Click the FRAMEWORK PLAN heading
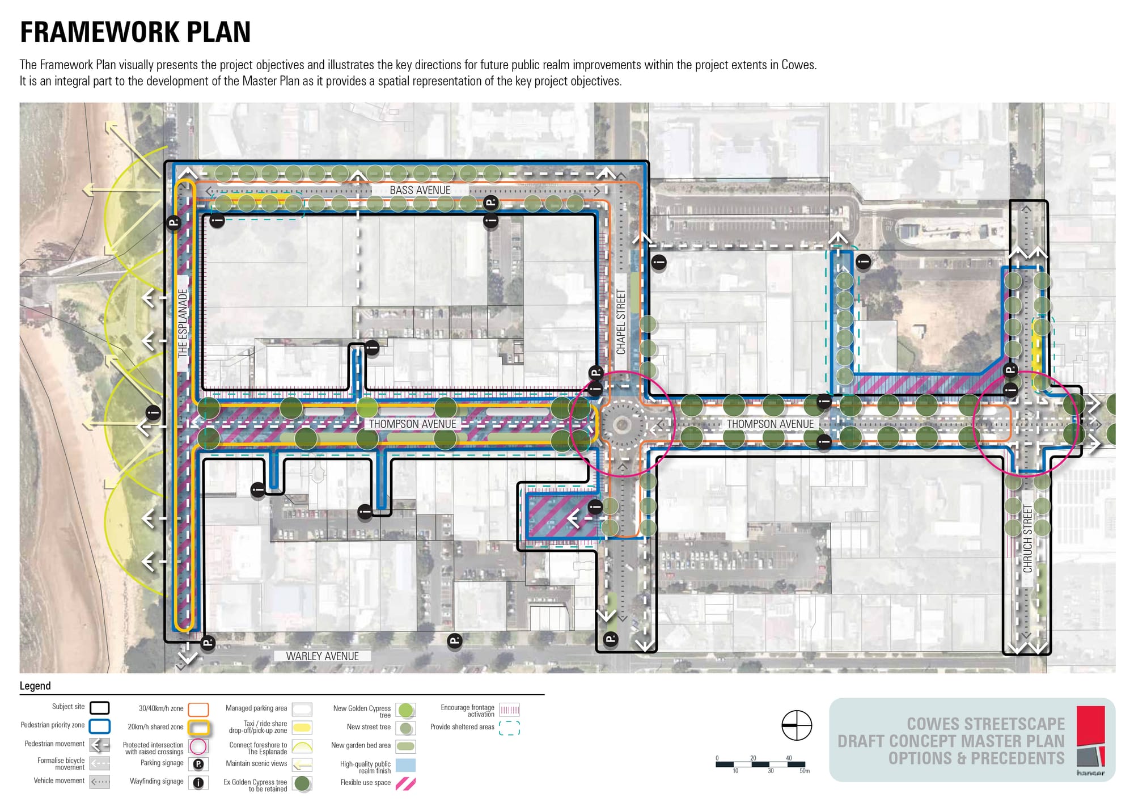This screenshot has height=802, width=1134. click(135, 32)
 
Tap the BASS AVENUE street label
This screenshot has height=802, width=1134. click(420, 191)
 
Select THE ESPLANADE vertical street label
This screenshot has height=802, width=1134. click(183, 323)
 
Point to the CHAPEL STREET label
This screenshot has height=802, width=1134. click(621, 322)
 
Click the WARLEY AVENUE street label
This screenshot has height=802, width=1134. click(322, 656)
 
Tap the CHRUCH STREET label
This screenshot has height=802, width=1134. click(1027, 539)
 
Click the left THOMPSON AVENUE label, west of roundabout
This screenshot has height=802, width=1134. click(412, 424)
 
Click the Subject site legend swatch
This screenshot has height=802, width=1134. click(100, 708)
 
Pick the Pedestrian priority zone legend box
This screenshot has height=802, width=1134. click(100, 726)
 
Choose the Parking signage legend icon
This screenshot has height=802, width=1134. click(198, 764)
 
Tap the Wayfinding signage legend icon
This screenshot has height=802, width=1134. click(198, 783)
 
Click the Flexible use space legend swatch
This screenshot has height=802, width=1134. click(405, 784)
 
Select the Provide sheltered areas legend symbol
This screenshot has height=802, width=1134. click(509, 728)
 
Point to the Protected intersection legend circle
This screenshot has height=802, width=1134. click(198, 746)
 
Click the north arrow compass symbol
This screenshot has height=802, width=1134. click(797, 725)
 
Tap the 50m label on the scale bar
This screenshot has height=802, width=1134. click(804, 771)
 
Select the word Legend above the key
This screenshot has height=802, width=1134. click(35, 686)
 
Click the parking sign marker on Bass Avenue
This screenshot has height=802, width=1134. click(490, 202)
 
